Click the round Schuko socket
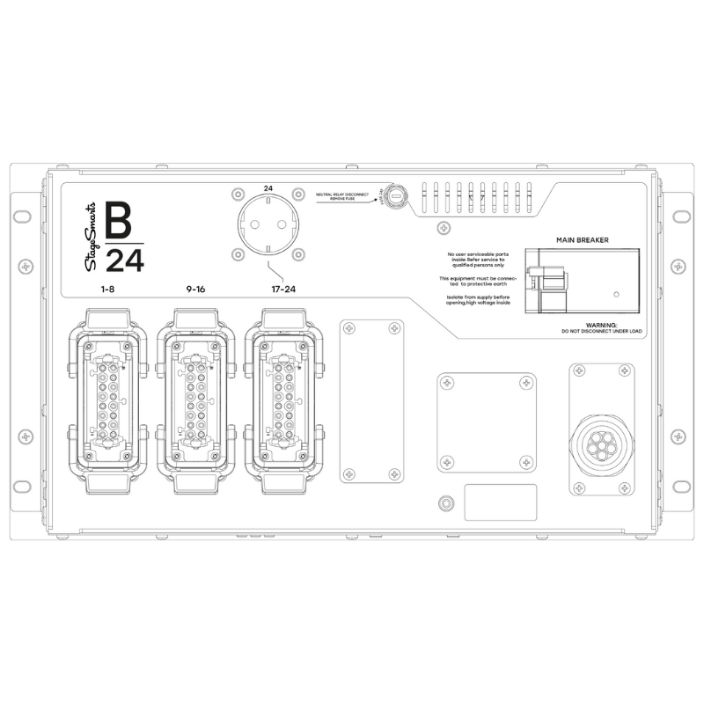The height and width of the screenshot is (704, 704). [268, 227]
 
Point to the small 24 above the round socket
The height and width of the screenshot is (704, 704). [268, 187]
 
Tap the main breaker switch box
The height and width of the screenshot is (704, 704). [580, 280]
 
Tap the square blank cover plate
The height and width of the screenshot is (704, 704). [486, 421]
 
